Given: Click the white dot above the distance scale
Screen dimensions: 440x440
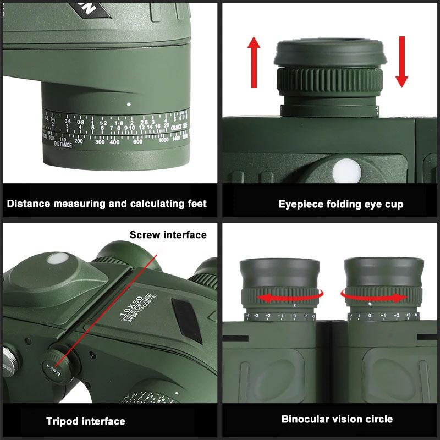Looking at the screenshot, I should (x=129, y=103).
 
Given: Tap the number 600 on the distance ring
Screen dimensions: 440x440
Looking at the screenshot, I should (x=137, y=141).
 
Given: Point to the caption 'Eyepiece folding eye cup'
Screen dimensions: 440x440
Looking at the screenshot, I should (x=340, y=205).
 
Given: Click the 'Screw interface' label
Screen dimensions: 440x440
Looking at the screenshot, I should (x=168, y=235).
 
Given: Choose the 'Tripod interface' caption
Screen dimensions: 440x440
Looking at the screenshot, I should (x=85, y=422).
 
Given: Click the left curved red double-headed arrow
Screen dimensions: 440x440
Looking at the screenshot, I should (x=281, y=298).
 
